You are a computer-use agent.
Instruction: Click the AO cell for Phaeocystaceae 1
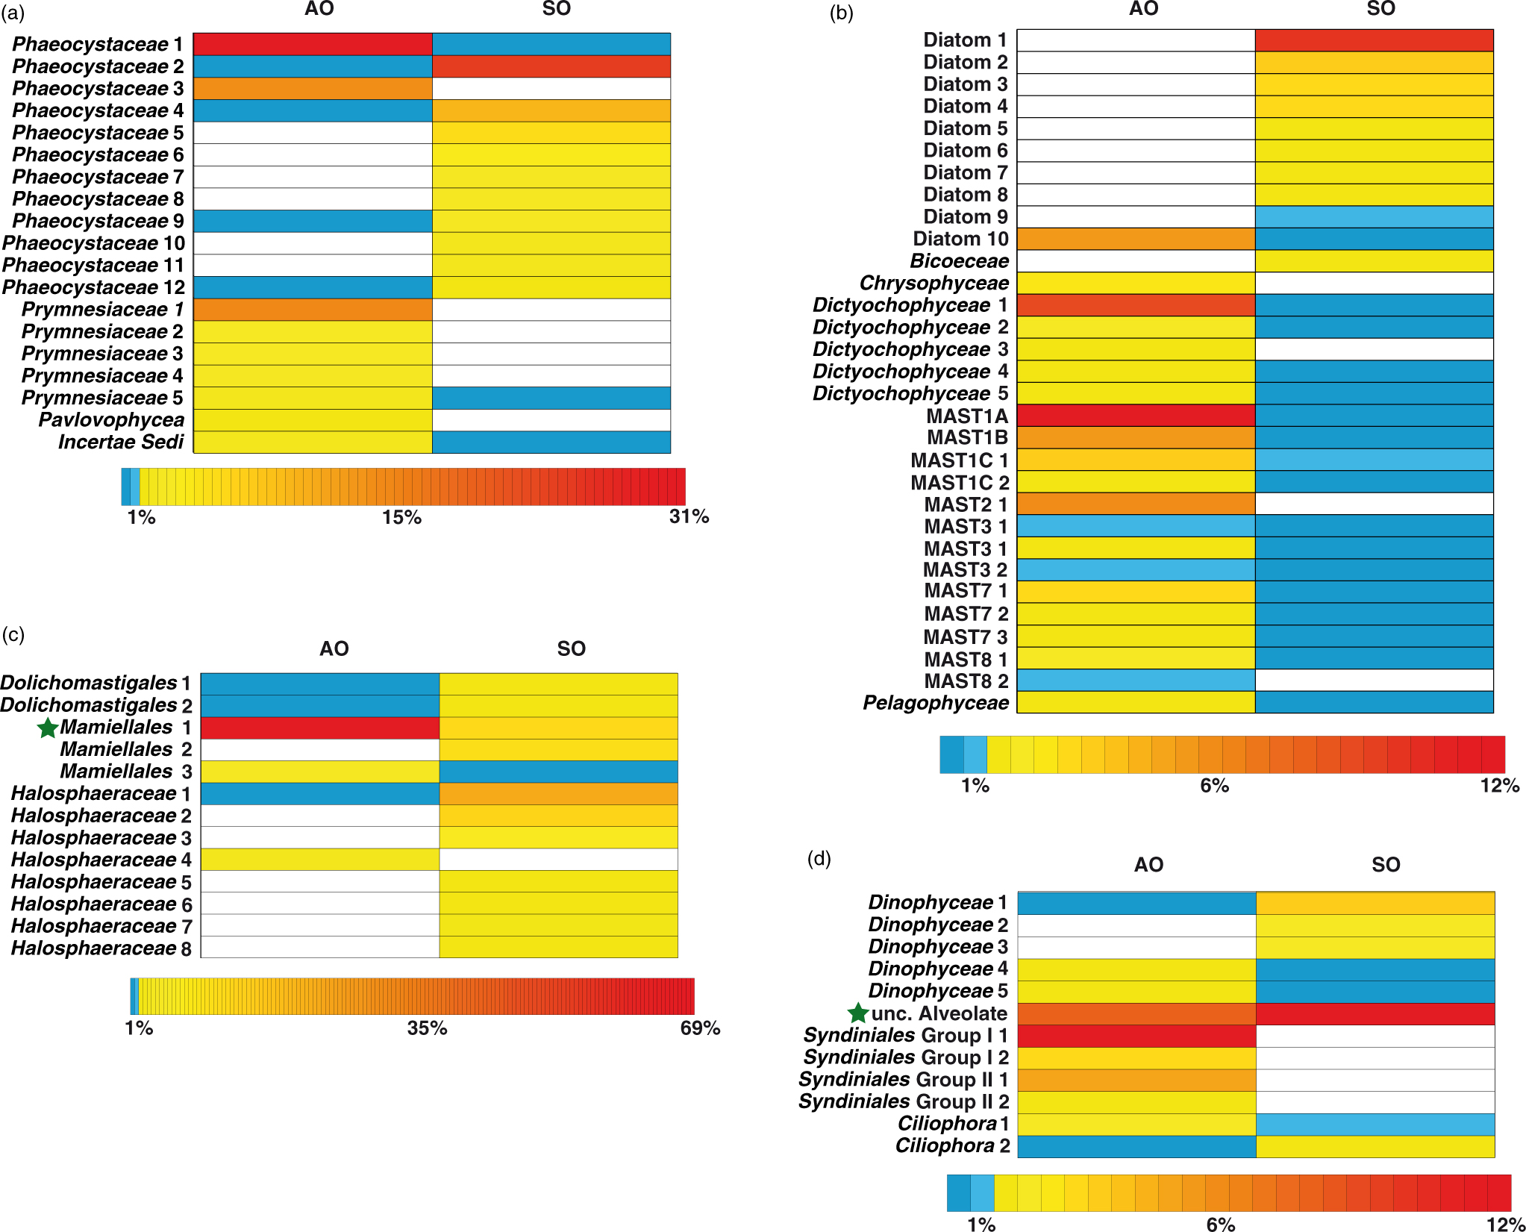(313, 44)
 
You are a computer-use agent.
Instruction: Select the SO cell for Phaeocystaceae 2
(551, 66)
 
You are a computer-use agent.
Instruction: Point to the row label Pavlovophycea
(111, 420)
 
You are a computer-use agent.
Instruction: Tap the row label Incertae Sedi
(121, 443)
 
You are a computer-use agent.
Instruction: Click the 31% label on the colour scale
(689, 516)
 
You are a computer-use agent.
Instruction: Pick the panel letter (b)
(841, 13)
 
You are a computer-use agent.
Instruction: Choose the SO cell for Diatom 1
(1374, 40)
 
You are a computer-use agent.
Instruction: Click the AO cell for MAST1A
(1136, 416)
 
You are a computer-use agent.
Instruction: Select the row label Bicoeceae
(959, 261)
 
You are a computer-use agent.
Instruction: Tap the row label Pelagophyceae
(936, 703)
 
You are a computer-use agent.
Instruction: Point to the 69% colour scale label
(700, 1028)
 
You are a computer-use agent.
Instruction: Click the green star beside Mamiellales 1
(48, 728)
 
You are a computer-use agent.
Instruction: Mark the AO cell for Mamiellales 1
(320, 728)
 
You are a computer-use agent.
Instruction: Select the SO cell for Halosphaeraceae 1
(558, 793)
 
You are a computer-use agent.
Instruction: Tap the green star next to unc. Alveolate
(858, 1013)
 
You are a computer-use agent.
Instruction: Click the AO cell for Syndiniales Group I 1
(1136, 1036)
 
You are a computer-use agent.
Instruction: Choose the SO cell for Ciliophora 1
(1375, 1124)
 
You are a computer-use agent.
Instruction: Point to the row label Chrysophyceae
(934, 284)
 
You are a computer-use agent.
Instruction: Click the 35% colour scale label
(427, 1028)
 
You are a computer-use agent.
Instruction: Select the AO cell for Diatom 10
(1136, 239)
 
